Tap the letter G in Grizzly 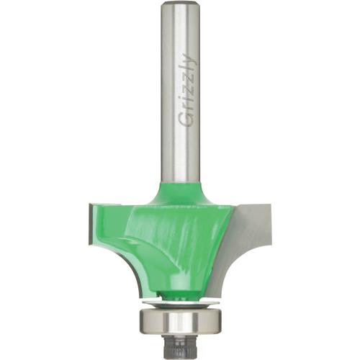(186, 120)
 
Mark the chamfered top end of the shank (180, 9)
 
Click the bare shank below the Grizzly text (180, 155)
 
